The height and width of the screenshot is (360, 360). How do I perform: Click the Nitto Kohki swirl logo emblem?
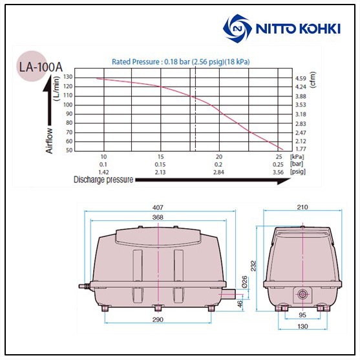[x=237, y=28]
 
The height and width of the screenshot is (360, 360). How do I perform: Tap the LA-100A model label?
[x=41, y=67]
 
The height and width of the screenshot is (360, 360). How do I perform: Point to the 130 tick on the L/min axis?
[x=69, y=77]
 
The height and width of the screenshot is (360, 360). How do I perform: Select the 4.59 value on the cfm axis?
[x=301, y=78]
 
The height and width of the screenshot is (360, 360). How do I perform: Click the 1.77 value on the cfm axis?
[x=301, y=149]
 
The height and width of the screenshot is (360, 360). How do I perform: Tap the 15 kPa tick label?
[x=161, y=157]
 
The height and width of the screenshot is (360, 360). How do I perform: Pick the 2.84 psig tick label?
[x=218, y=172]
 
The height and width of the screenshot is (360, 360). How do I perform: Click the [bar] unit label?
[x=297, y=164]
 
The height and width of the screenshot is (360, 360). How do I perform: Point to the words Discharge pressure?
[x=103, y=180]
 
